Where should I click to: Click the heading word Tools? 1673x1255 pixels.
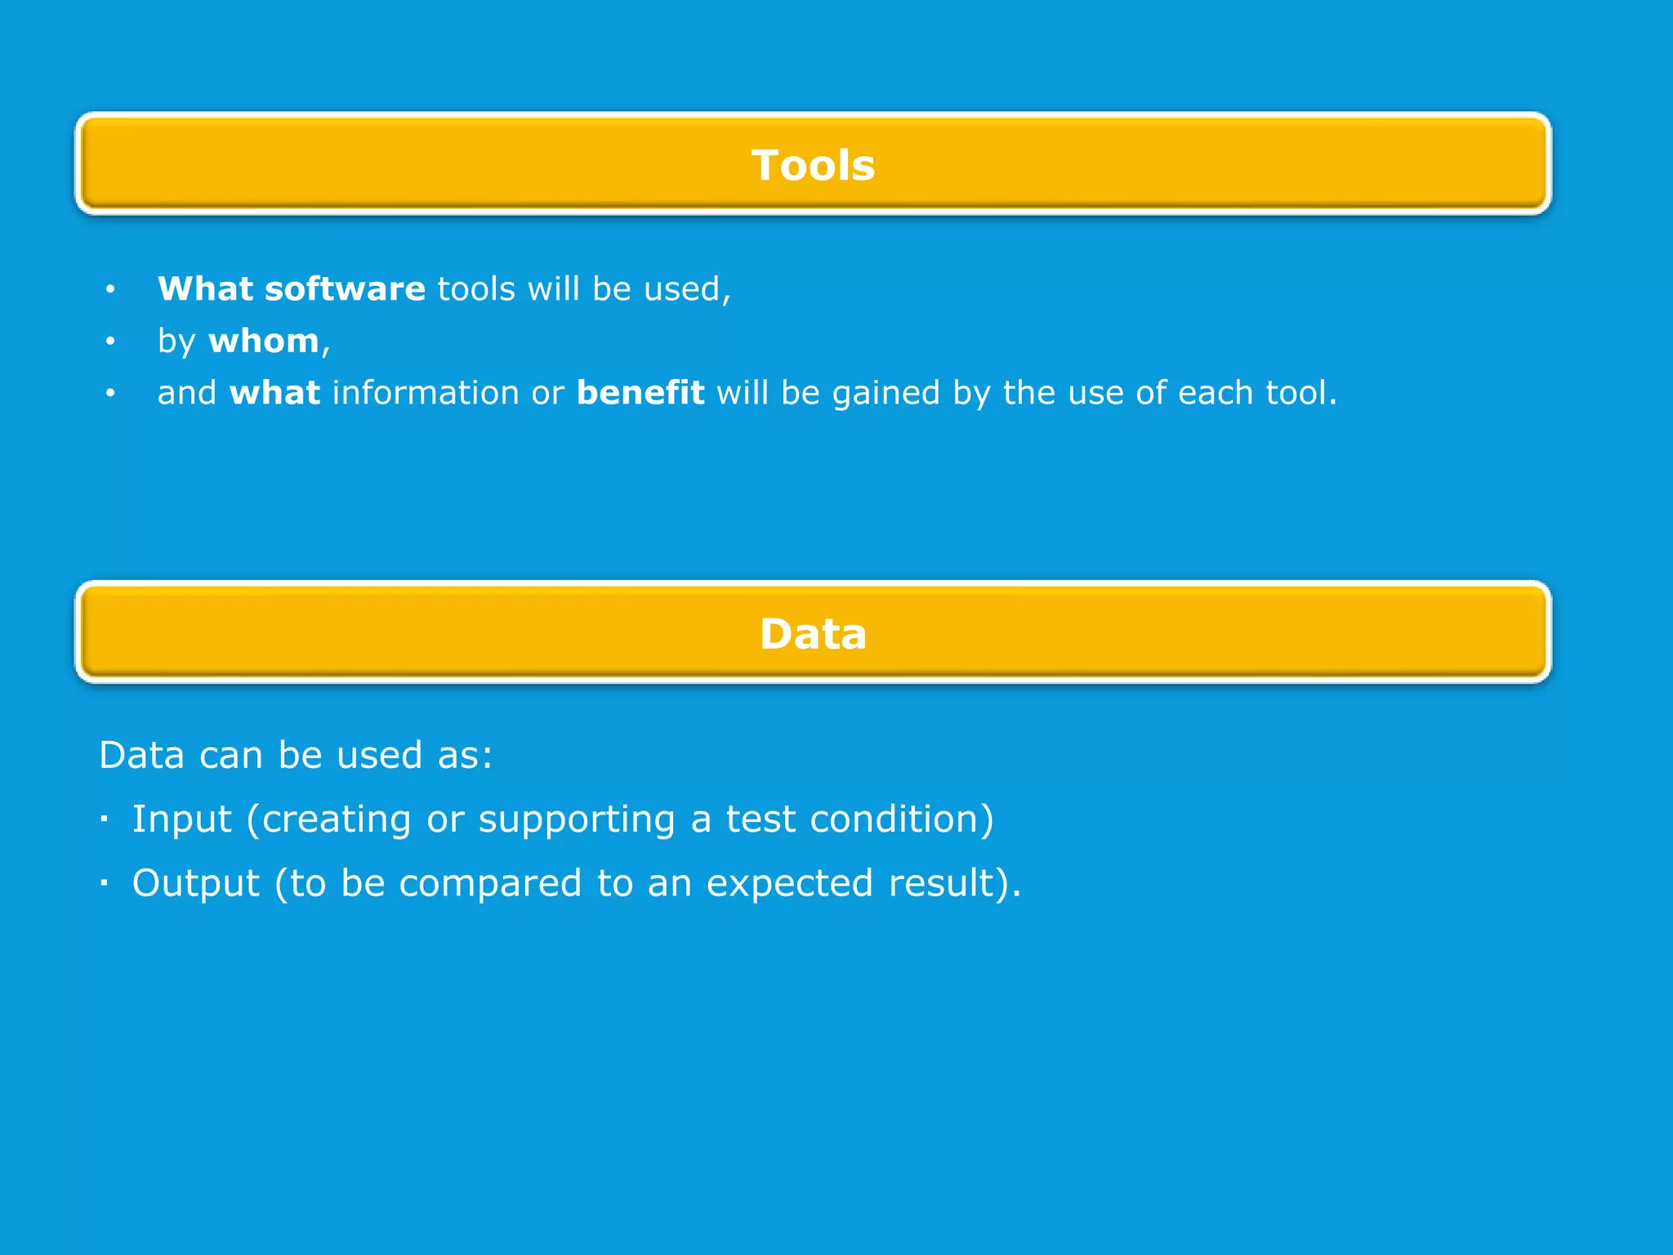[x=813, y=165]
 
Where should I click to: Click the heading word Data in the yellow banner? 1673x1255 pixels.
[x=813, y=634]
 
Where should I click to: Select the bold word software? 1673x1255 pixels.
[x=345, y=289]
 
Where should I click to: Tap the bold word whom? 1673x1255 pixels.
[x=264, y=342]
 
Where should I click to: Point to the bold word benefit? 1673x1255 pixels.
[x=640, y=393]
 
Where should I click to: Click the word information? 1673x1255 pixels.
[x=425, y=393]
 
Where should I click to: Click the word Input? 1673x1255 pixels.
[x=181, y=820]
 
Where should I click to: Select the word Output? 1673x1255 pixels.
[x=196, y=883]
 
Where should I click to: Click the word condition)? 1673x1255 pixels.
[x=902, y=820]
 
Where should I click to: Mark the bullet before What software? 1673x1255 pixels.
[x=110, y=289]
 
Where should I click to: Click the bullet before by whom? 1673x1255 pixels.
[x=110, y=342]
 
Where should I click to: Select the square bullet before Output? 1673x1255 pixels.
[x=104, y=882]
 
